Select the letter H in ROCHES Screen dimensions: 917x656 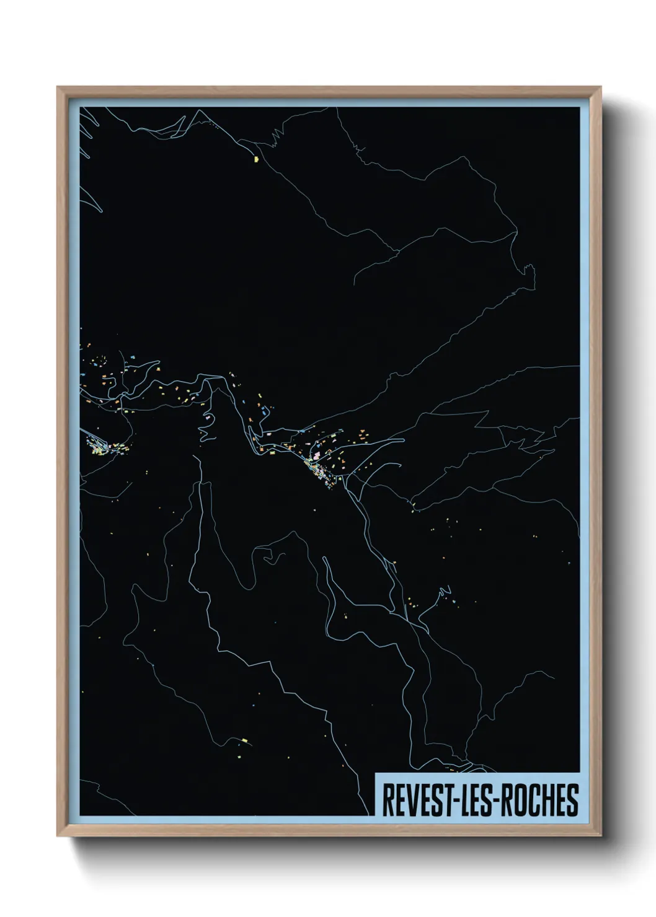click(x=550, y=800)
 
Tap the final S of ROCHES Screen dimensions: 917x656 click(x=574, y=800)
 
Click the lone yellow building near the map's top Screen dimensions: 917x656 click(x=256, y=159)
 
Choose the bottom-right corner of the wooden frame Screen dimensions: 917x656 click(x=601, y=836)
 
